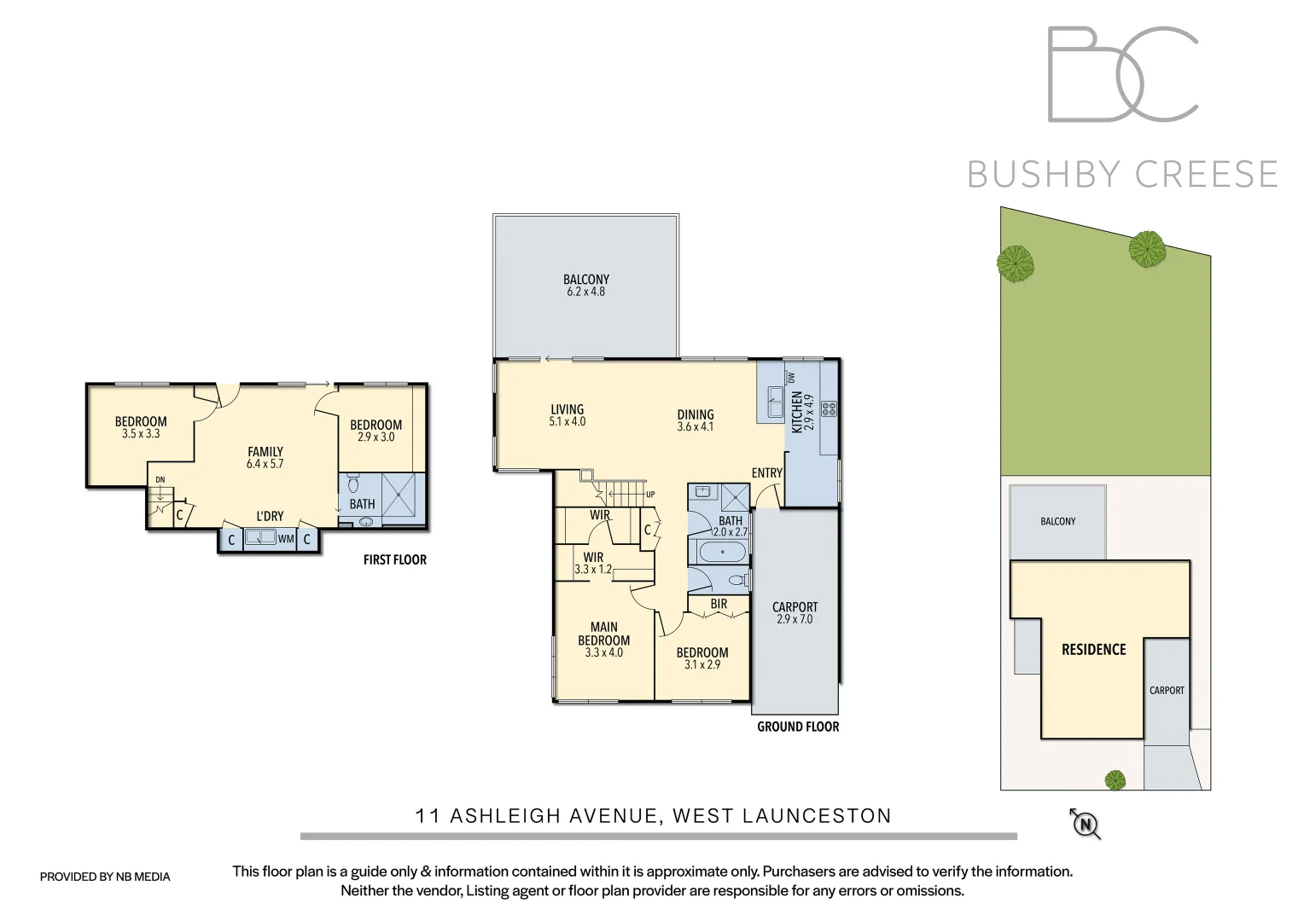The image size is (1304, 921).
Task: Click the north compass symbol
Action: (x=1086, y=824)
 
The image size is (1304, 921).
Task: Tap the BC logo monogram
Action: (x=1122, y=74)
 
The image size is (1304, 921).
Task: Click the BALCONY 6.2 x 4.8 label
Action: (x=586, y=286)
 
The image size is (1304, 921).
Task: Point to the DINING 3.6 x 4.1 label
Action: (x=696, y=420)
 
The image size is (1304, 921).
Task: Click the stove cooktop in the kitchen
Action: (x=829, y=408)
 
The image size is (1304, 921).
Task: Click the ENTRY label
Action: (x=766, y=473)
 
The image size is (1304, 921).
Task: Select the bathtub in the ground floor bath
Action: (x=722, y=553)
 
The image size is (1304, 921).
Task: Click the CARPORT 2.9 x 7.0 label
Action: (x=795, y=613)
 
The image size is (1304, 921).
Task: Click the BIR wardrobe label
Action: (x=719, y=604)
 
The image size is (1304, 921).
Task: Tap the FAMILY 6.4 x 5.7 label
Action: (x=265, y=458)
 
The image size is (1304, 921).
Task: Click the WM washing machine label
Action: (x=285, y=539)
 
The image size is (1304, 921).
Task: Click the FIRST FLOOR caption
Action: (x=394, y=560)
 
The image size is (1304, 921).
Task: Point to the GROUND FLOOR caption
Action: (x=798, y=727)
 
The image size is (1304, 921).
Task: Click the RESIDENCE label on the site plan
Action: (x=1093, y=650)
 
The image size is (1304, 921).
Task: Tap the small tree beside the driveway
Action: (x=1115, y=779)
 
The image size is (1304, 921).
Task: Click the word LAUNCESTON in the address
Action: (x=817, y=816)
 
